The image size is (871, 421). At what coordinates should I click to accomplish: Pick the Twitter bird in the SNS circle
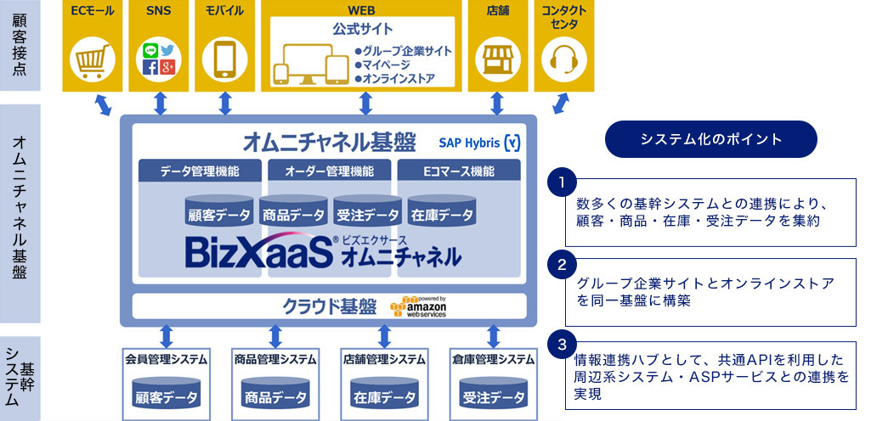167,50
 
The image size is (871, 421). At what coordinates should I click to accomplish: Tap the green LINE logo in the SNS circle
150,50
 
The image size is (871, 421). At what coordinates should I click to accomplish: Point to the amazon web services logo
418,306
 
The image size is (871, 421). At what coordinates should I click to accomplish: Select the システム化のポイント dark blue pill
711,139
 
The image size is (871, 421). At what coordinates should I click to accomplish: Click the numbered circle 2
562,264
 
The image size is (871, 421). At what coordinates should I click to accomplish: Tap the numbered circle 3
562,345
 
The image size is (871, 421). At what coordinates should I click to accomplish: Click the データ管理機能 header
200,171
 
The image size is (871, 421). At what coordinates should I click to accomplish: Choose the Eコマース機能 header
459,171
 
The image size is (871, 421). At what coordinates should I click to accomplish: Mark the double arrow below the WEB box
365,104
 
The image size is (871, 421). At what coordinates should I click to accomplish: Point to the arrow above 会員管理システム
166,336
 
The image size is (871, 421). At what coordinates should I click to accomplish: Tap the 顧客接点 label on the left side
20,45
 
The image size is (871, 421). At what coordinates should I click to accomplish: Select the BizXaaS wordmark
259,252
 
